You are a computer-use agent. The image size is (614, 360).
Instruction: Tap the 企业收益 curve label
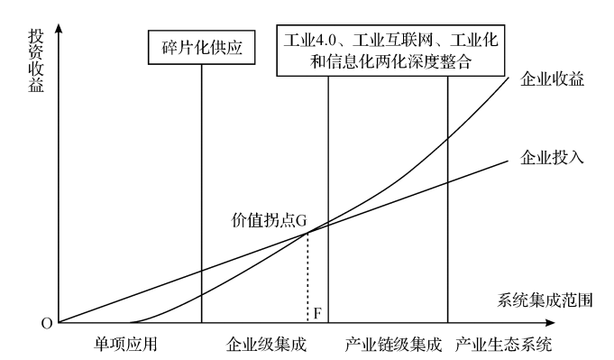click(552, 79)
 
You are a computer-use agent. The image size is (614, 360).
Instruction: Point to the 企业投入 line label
click(552, 157)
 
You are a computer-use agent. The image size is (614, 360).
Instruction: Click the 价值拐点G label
click(269, 220)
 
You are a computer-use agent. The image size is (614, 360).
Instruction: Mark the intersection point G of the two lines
click(307, 233)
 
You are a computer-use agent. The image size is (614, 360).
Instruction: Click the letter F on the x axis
click(317, 313)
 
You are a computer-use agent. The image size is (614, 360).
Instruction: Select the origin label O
click(47, 324)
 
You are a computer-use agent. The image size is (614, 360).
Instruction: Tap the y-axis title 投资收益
click(36, 60)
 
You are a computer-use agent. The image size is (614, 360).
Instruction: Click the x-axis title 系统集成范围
click(545, 300)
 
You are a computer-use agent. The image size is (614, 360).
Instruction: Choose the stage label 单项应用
click(125, 345)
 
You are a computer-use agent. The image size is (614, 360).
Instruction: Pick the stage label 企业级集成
click(266, 345)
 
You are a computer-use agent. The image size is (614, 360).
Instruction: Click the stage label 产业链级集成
click(393, 345)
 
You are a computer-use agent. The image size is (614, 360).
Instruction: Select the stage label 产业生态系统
click(504, 345)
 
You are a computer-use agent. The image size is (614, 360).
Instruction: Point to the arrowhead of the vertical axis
click(59, 27)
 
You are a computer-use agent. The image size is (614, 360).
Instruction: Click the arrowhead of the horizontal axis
click(551, 323)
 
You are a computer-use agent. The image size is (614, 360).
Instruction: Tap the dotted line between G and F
click(307, 278)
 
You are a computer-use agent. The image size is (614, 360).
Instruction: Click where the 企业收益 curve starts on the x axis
click(131, 322)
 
